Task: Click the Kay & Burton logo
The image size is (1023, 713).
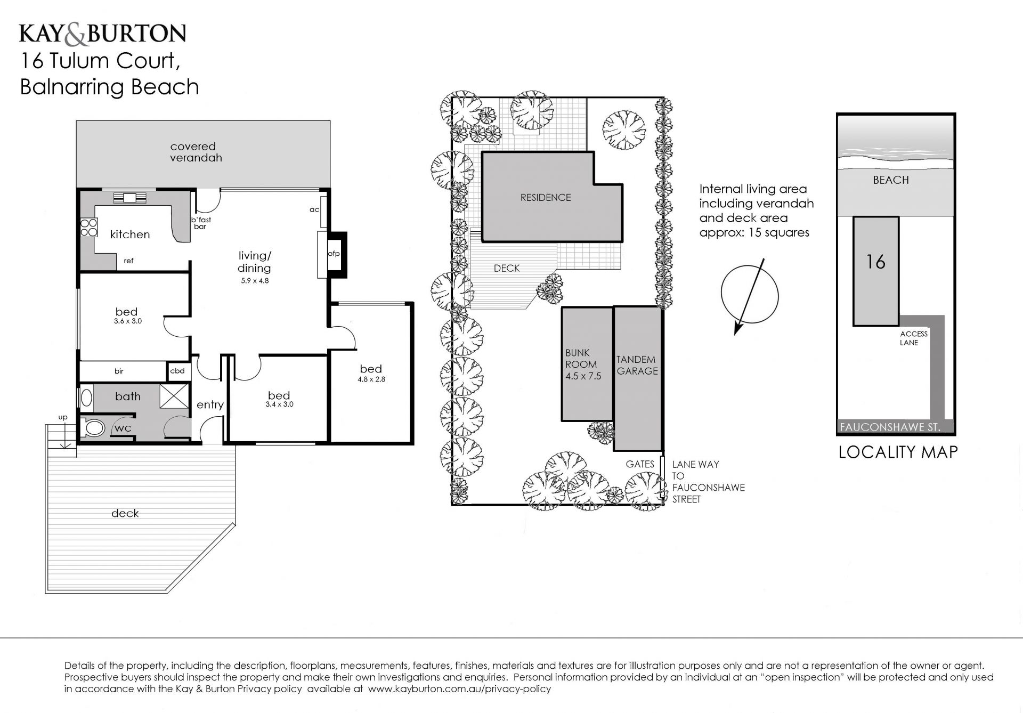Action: pyautogui.click(x=103, y=34)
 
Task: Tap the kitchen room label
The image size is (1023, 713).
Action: pyautogui.click(x=130, y=234)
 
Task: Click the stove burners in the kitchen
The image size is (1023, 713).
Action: pyautogui.click(x=89, y=228)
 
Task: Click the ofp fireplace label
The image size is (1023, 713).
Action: pyautogui.click(x=334, y=254)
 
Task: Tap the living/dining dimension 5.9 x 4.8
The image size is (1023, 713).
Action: pyautogui.click(x=255, y=281)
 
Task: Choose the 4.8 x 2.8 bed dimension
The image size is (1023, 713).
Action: pyautogui.click(x=371, y=379)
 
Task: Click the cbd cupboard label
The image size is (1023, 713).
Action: pyautogui.click(x=177, y=371)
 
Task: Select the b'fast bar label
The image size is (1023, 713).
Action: pyautogui.click(x=201, y=223)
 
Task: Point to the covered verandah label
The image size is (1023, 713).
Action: pyautogui.click(x=196, y=152)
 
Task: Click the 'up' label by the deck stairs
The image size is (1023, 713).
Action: pyautogui.click(x=63, y=418)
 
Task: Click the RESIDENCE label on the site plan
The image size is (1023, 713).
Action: pyautogui.click(x=546, y=197)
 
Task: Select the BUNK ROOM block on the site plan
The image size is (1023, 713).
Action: pyautogui.click(x=587, y=364)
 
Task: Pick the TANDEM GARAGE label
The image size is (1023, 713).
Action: pyautogui.click(x=637, y=365)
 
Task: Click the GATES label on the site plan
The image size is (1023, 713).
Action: pyautogui.click(x=640, y=464)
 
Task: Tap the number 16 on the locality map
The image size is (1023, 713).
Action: pyautogui.click(x=876, y=262)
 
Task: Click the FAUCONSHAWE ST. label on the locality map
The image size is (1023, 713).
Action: pyautogui.click(x=890, y=427)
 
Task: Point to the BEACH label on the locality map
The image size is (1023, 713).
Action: pyautogui.click(x=891, y=180)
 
